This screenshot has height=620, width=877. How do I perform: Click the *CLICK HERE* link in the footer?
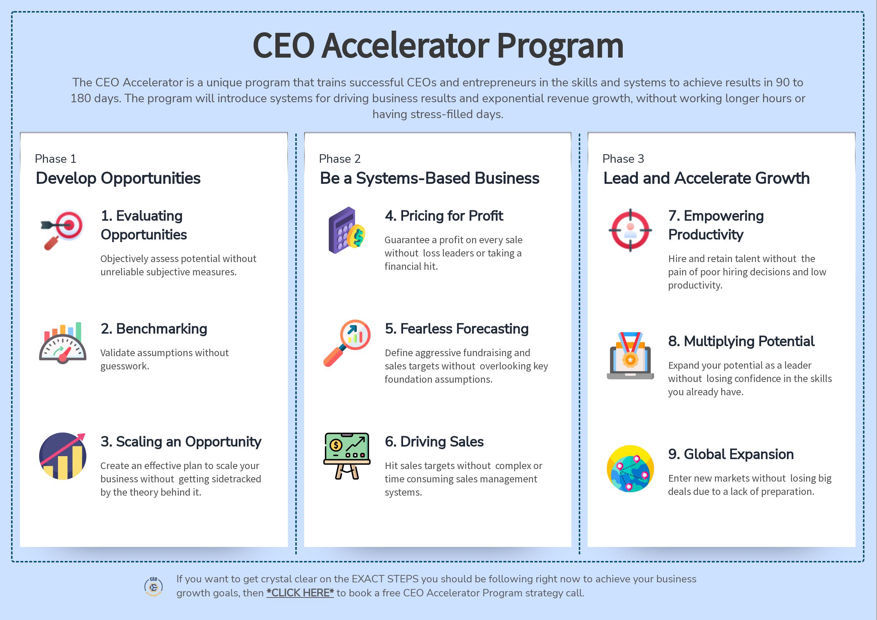[x=300, y=593]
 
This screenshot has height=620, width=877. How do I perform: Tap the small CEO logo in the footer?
[x=154, y=586]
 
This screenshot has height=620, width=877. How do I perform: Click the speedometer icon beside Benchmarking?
[x=63, y=343]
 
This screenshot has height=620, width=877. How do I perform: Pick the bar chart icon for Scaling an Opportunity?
[x=63, y=456]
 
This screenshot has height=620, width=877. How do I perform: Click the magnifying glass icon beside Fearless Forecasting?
[x=347, y=343]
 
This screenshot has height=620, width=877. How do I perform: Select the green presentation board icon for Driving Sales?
[x=347, y=456]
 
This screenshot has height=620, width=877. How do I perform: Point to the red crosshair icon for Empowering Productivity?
[x=630, y=230]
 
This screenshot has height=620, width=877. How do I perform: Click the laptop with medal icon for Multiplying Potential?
[x=630, y=356]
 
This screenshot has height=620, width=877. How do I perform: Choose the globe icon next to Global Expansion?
[x=630, y=469]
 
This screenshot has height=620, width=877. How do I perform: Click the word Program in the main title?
[x=560, y=45]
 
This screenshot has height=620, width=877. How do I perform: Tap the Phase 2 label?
[x=340, y=159]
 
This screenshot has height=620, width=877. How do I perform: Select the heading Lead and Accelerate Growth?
[x=706, y=178]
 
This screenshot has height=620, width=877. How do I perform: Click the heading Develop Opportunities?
[x=118, y=178]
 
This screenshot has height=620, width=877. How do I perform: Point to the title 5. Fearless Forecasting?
[x=457, y=328]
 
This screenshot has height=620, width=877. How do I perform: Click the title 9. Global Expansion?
[x=731, y=454]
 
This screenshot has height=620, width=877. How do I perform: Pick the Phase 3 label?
[x=623, y=159]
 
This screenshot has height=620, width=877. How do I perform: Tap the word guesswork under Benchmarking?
[x=124, y=366]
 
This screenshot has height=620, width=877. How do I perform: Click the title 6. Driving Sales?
[x=434, y=442]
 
